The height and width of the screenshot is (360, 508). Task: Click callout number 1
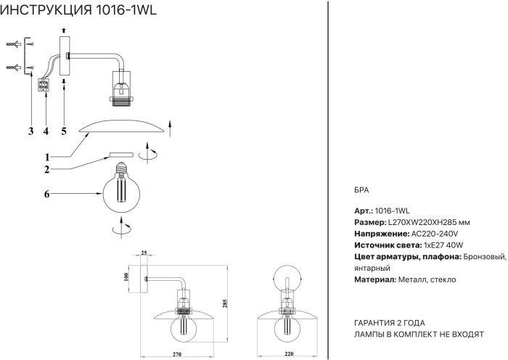click(x=46, y=157)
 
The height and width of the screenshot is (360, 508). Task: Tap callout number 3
click(x=31, y=131)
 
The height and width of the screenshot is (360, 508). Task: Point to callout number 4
click(x=46, y=131)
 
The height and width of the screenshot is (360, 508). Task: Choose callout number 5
click(x=63, y=131)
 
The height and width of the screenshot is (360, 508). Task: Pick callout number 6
click(x=46, y=194)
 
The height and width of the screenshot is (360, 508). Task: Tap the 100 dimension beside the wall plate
click(x=126, y=277)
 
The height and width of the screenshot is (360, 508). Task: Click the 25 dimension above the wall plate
click(x=143, y=253)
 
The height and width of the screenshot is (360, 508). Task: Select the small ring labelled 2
click(x=121, y=155)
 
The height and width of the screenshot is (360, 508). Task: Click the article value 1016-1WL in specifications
click(x=397, y=209)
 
